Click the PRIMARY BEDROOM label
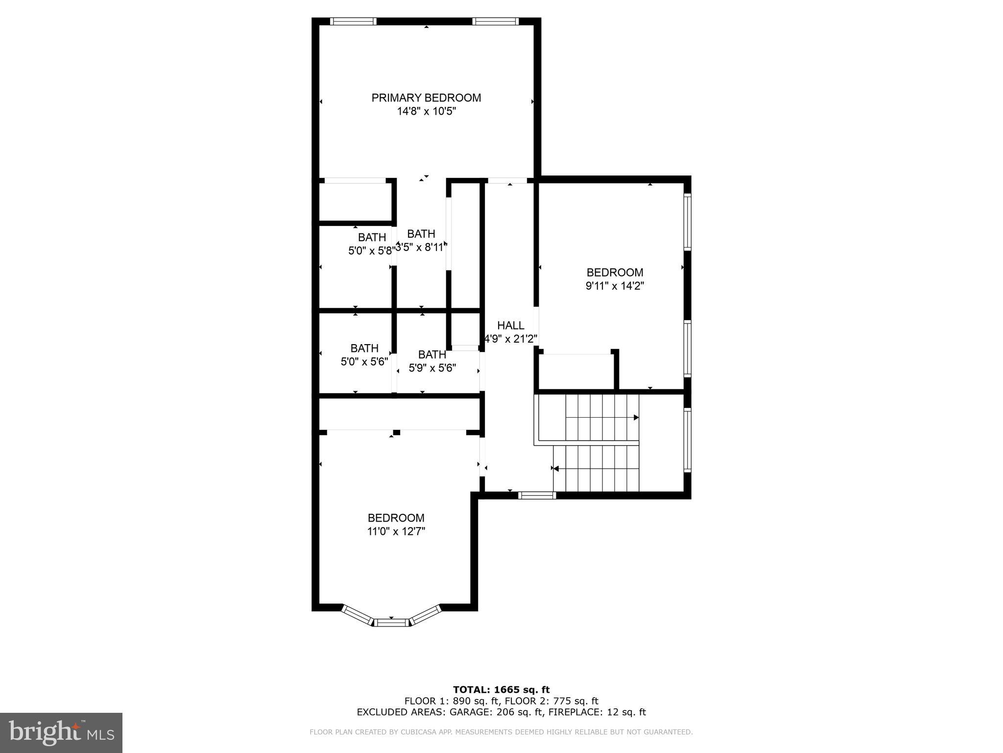coord(426,98)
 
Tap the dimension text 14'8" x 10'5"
coord(426,112)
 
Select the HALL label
coord(510,326)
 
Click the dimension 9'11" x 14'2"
coord(615,286)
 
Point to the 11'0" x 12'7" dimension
coord(396,531)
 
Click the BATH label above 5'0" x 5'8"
coord(372,238)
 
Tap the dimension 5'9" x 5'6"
coord(432,368)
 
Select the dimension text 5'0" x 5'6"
coord(364,362)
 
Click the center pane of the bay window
coord(391,623)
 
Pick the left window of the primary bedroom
coord(353,21)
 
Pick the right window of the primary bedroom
coord(495,21)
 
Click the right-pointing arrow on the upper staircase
coord(636,418)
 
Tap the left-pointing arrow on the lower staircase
coord(555,469)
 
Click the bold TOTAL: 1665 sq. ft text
coord(501,690)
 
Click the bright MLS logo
coord(61,733)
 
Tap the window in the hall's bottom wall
coord(537,496)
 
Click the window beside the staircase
coord(688,440)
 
